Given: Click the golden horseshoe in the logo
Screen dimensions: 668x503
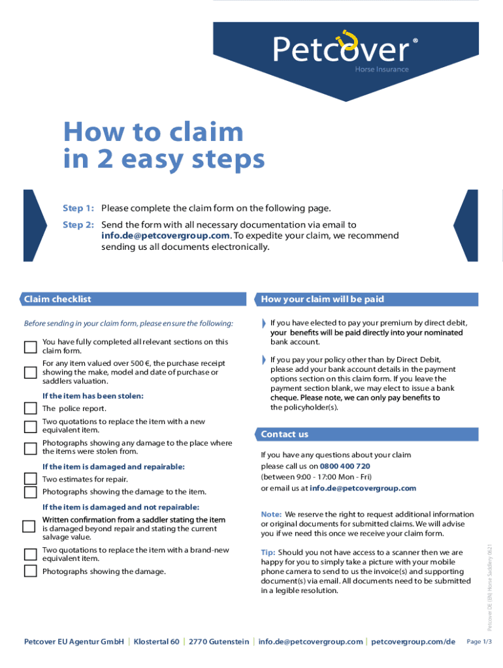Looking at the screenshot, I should pos(344,40).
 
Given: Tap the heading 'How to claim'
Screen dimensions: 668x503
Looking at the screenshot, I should pos(153,132).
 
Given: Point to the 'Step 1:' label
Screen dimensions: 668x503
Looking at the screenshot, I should pos(78,209).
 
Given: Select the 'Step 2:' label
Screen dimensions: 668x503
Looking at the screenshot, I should pos(78,225).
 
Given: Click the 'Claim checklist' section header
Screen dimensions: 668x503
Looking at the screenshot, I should pos(57,299).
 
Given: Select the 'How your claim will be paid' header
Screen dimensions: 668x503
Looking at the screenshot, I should pos(322,299).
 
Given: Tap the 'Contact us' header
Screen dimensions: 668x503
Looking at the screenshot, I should pos(284,434).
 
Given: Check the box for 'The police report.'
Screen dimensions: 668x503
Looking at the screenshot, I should pos(30,408).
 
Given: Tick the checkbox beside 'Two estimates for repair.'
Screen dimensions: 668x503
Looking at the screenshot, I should pos(30,479).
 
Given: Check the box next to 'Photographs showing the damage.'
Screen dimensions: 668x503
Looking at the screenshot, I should pos(30,571).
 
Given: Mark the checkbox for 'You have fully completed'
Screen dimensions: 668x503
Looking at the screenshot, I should pos(30,346).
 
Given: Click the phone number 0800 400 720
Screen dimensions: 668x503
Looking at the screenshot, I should pos(345,466).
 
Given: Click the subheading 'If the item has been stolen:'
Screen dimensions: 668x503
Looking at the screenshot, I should pos(93,396).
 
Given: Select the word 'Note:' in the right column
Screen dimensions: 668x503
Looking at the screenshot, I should pos(271,515).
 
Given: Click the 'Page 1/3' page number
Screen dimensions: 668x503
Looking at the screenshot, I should pos(479,642).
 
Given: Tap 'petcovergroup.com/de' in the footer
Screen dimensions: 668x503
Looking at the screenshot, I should pos(413,642).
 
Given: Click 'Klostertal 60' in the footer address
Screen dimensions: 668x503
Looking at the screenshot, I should pos(156,642).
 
